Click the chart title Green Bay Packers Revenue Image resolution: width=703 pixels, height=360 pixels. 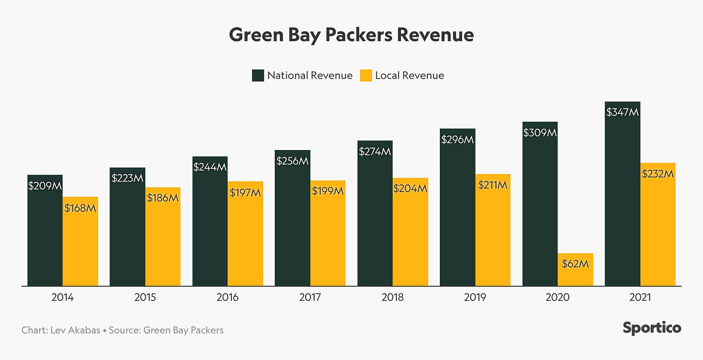351,35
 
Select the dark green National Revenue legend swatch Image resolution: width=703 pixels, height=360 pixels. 258,75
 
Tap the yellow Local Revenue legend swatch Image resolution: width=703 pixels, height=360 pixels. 366,75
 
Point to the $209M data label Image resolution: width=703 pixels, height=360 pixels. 45,186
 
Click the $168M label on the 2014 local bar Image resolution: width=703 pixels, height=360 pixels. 80,208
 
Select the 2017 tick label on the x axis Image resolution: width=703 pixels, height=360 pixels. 310,297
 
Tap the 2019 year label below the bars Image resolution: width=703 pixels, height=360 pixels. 475,297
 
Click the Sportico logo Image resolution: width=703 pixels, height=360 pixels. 652,328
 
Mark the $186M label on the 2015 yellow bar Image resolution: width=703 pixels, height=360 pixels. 163,197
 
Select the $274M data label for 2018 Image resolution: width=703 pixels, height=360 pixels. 375,152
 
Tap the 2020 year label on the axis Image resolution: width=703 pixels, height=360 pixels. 558,297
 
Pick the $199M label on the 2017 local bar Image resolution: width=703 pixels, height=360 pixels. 327,192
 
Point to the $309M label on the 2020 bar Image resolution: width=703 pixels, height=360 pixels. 540,132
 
